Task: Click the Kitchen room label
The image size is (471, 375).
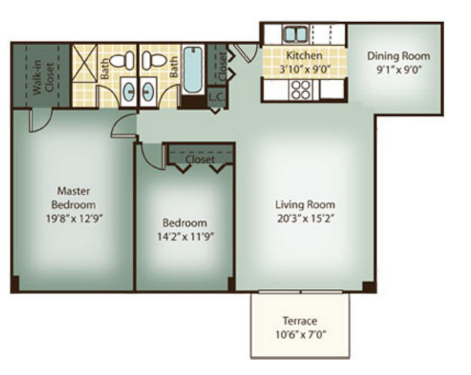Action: click(304, 55)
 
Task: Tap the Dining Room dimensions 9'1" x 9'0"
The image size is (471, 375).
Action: click(398, 69)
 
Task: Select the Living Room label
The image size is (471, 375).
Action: click(305, 205)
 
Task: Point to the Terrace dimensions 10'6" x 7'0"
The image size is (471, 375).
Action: click(301, 334)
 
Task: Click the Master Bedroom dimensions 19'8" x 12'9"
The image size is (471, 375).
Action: click(74, 218)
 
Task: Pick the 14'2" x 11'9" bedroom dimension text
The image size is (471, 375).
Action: click(186, 237)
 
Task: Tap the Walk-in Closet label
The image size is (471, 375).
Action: click(44, 77)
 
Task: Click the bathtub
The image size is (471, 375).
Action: click(192, 69)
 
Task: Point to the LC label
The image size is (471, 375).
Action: click(217, 97)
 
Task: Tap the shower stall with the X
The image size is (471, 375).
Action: click(85, 63)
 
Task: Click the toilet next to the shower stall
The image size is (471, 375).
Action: click(122, 60)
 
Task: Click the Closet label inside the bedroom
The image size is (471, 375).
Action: click(200, 159)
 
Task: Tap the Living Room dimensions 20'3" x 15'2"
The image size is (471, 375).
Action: click(305, 218)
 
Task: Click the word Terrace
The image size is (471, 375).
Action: click(300, 321)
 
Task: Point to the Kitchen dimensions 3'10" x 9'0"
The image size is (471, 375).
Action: click(305, 69)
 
